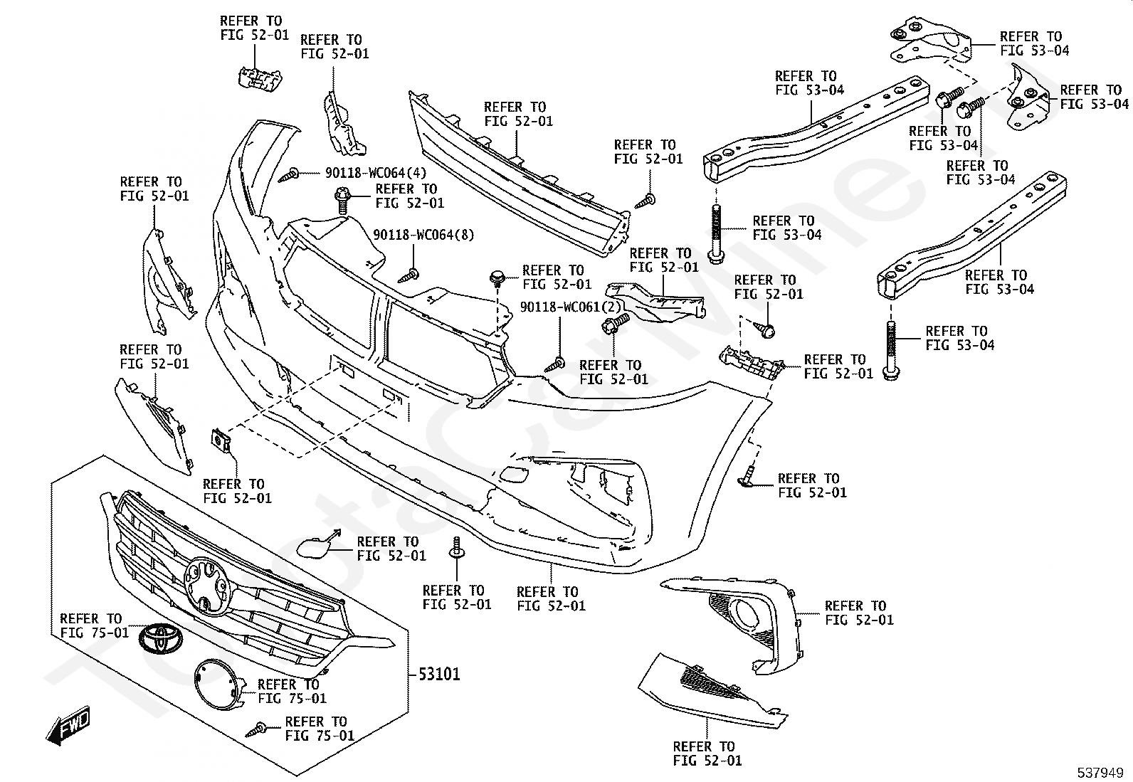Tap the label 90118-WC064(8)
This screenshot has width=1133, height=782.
coord(424,235)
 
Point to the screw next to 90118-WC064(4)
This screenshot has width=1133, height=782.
coord(292,174)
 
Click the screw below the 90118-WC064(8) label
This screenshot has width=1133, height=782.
coord(411,273)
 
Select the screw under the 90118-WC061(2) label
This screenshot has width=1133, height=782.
coord(555,365)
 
